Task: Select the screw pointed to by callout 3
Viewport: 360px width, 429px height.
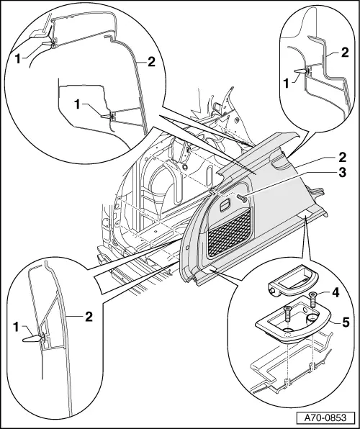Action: pos(243,197)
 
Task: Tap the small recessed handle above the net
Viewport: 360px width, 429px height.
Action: pos(225,207)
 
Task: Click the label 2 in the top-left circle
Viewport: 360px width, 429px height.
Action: pos(151,62)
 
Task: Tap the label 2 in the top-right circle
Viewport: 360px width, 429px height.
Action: pos(345,52)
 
